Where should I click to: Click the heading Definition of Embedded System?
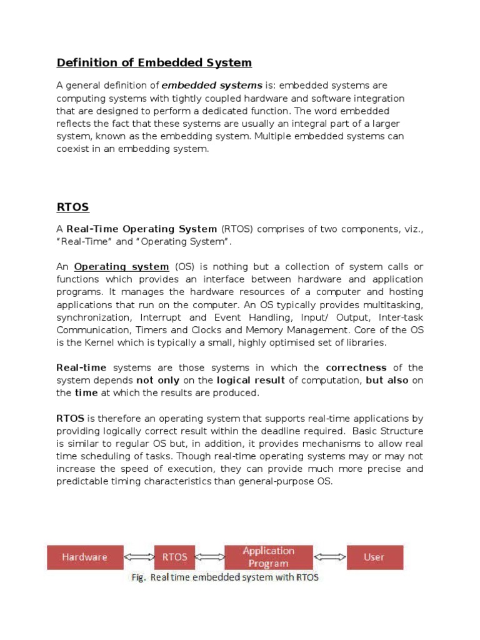click(154, 62)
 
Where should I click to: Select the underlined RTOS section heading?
click(73, 207)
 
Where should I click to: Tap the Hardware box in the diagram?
click(84, 557)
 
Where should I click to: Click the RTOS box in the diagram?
click(175, 557)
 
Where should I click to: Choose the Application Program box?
click(268, 557)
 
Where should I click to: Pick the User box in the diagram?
click(374, 557)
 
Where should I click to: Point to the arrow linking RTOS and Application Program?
click(209, 557)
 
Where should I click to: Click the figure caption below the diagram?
click(224, 578)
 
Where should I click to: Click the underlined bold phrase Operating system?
click(121, 267)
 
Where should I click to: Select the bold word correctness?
click(356, 367)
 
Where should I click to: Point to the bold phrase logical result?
click(250, 380)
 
